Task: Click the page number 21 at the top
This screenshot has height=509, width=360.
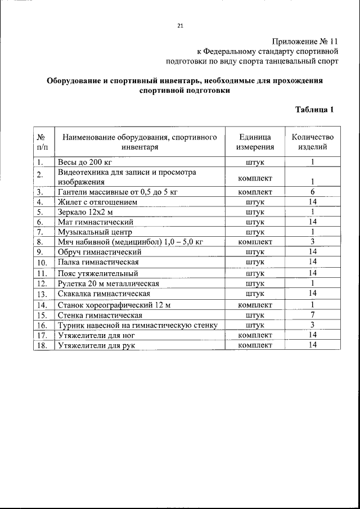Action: coord(180,25)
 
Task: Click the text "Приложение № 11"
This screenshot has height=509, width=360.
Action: coord(305,41)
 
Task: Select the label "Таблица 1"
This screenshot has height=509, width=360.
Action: coord(315,110)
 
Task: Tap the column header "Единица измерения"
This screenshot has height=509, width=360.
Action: coord(255,142)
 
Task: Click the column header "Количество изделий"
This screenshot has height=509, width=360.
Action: coord(312,142)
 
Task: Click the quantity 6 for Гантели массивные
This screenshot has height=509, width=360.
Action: coord(312,192)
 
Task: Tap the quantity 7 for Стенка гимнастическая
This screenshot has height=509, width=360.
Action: coord(312,315)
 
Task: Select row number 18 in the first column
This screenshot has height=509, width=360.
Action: coord(41,345)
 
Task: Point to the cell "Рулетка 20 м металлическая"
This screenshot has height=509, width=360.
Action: coord(109,283)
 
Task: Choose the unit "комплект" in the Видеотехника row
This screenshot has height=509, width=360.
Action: coord(255,178)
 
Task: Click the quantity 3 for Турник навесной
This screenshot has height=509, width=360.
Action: coord(312,325)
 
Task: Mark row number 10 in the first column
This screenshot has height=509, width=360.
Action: coord(41,262)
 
